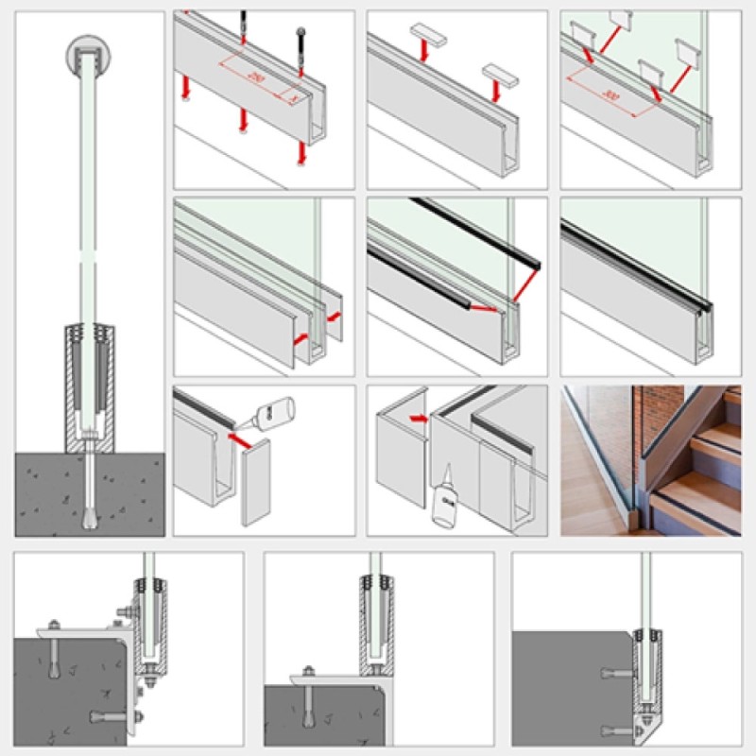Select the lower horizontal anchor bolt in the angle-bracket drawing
pyautogui.click(x=109, y=717)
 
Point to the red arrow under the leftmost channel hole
pyautogui.click(x=187, y=91)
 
